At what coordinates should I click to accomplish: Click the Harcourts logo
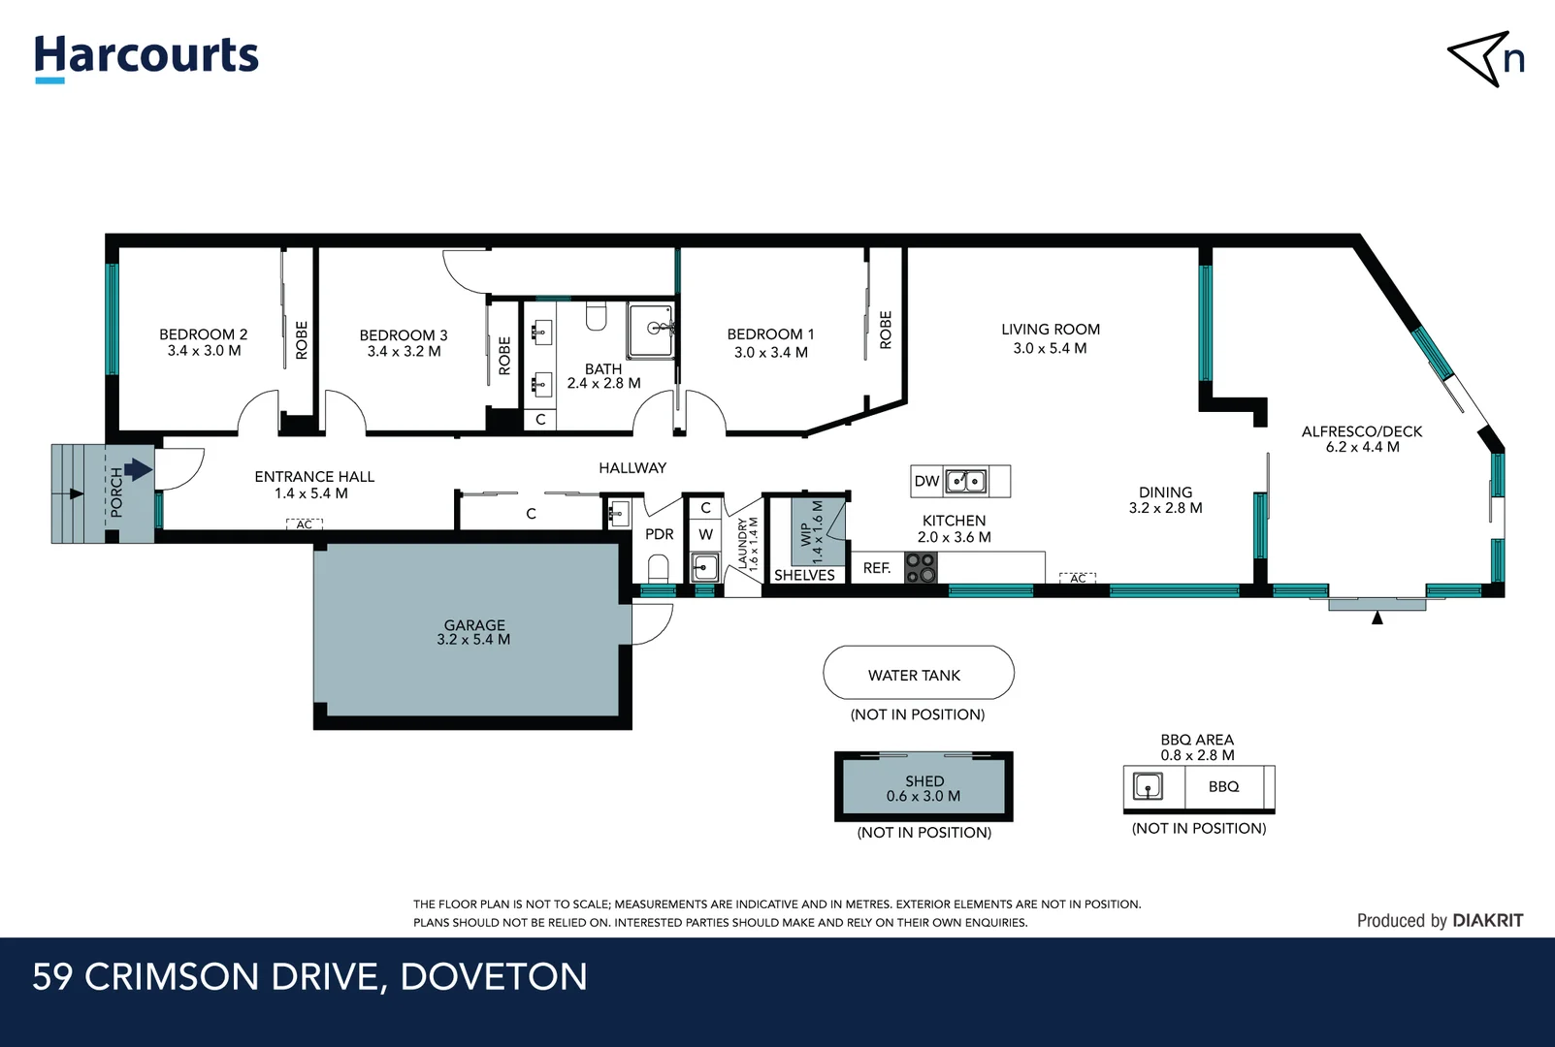click(146, 56)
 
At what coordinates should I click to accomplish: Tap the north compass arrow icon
click(1476, 58)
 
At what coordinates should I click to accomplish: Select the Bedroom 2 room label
click(204, 334)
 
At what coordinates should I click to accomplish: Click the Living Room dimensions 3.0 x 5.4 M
click(1050, 348)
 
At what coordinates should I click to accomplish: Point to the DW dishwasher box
click(926, 481)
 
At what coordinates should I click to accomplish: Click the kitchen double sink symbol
click(966, 481)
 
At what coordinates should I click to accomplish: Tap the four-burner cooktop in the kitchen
click(921, 567)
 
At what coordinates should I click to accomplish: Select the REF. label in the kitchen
click(877, 568)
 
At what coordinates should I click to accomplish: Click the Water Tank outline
click(918, 673)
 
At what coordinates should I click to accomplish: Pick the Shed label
click(924, 780)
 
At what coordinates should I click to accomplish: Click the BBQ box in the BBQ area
click(1224, 786)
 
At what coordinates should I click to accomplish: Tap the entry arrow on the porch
click(138, 470)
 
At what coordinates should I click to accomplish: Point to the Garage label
click(474, 625)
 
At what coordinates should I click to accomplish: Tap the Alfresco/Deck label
click(1362, 431)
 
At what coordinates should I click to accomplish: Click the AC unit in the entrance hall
click(305, 524)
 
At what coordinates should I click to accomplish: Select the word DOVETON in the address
click(494, 977)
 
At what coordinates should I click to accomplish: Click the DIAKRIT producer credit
click(1487, 921)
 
